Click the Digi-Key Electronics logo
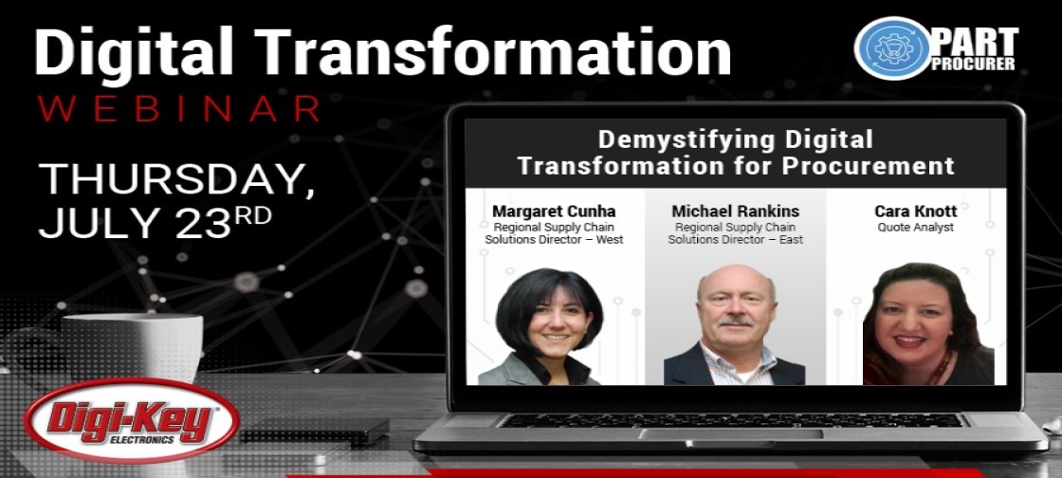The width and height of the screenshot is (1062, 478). pos(132,420)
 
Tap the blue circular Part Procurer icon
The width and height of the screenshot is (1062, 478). pos(892,48)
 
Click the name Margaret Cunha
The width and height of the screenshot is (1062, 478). pos(554,211)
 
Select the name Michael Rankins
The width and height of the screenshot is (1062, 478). pos(736,211)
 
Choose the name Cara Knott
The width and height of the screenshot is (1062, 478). pos(916,211)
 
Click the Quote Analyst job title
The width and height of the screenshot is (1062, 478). pos(916,228)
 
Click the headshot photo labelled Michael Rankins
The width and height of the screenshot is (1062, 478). pos(735,325)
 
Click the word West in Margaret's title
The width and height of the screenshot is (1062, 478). pos(609,240)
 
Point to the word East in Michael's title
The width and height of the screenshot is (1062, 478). pos(791,240)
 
